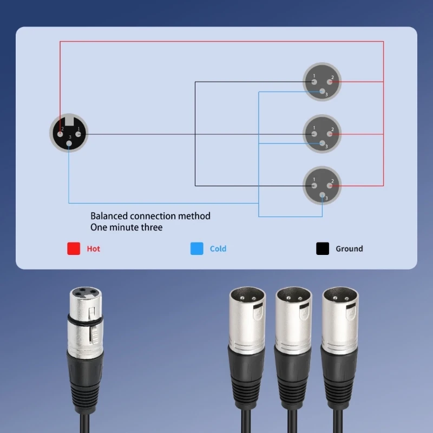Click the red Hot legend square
74,248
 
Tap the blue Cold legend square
197,248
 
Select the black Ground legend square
323,248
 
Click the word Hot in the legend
94,249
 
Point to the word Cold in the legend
218,249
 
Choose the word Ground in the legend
349,249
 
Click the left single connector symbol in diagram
69,133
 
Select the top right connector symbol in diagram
322,82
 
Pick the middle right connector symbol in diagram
322,133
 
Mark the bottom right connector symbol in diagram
322,185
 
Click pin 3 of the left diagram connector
69,143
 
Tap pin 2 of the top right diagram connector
330,82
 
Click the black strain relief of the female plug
84,373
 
